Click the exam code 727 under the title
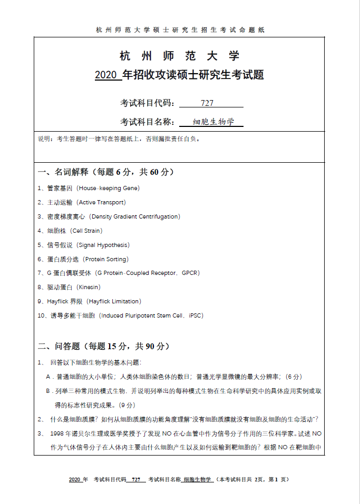click(207, 103)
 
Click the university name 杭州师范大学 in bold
click(180, 56)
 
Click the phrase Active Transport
click(102, 202)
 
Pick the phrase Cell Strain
click(86, 231)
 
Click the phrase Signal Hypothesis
click(103, 245)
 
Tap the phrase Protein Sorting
click(106, 259)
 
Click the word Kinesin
click(88, 288)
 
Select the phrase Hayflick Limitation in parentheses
click(114, 302)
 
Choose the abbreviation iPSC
click(195, 316)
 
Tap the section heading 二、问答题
click(59, 347)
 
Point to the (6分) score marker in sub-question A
click(293, 377)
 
